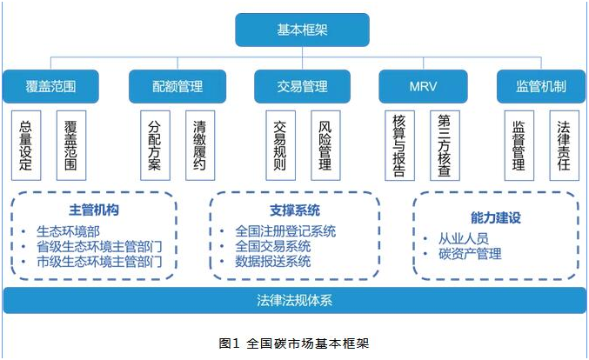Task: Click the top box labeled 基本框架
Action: (303, 30)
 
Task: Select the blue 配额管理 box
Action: (177, 86)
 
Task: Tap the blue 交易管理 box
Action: (303, 86)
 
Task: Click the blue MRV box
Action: (423, 86)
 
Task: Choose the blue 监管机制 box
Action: (541, 86)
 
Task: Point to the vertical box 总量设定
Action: (26, 145)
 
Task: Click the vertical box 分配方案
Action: (155, 145)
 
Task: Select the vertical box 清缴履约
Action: (200, 145)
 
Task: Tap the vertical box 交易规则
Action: (281, 145)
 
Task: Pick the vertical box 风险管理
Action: (325, 145)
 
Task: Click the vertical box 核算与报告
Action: (399, 145)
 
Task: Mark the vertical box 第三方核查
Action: (445, 145)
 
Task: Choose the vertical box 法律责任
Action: (565, 145)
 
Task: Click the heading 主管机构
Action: (94, 210)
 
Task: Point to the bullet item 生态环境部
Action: (68, 231)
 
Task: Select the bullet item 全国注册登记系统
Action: (285, 231)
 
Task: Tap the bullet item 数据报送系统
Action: (273, 261)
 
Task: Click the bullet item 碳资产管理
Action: (470, 254)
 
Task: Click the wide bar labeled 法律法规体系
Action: (295, 300)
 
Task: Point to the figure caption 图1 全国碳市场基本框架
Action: (294, 343)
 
